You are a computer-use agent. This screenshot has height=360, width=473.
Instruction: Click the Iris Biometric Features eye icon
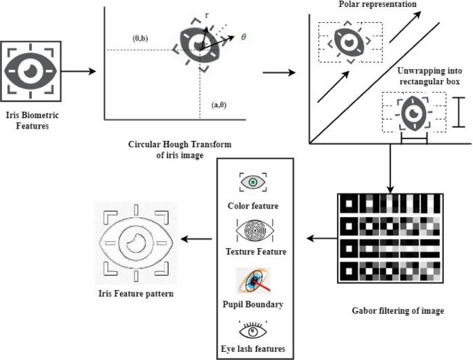[x=32, y=70]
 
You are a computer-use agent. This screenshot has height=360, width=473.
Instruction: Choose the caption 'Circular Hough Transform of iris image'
[x=180, y=149]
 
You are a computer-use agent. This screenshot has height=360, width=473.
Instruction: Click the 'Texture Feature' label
[x=256, y=252]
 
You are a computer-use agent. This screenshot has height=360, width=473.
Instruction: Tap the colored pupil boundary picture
[x=253, y=279]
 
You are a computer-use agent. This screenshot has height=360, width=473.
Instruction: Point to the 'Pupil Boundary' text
[x=256, y=304]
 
